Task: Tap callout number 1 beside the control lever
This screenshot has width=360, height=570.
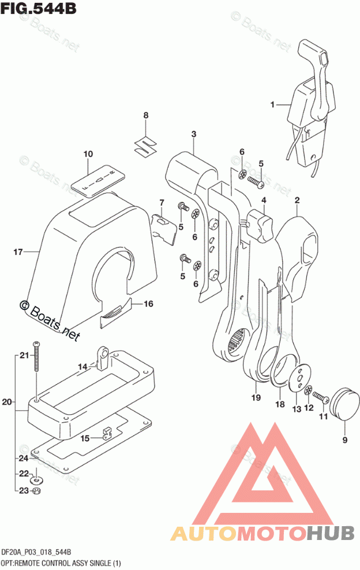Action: (272, 105)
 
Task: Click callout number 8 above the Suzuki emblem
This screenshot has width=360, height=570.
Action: (146, 115)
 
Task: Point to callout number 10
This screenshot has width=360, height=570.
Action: (88, 154)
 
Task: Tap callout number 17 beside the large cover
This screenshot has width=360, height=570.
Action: (18, 252)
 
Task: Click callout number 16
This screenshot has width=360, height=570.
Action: (148, 303)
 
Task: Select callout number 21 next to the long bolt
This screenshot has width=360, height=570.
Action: (23, 355)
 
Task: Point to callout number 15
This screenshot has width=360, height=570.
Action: (85, 439)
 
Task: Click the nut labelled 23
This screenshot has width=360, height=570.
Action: (35, 492)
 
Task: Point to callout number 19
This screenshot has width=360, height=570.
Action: (256, 397)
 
